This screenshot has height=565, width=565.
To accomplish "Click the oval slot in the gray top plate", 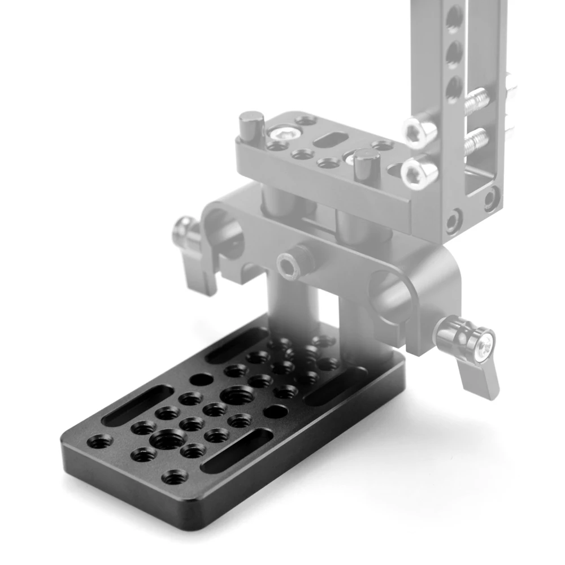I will (330, 140).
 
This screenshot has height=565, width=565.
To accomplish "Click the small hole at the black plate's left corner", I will (100, 441).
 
